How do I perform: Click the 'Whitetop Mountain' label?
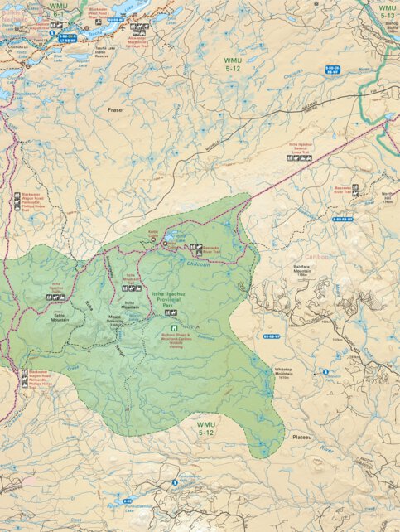pos(285,375)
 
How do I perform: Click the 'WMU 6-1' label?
pos(58,9)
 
